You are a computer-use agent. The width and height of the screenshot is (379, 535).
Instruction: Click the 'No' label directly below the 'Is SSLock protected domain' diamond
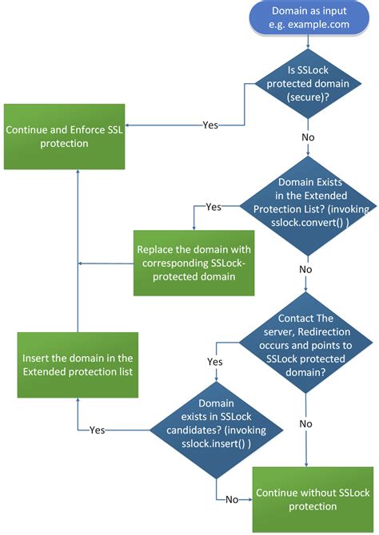tap(307, 137)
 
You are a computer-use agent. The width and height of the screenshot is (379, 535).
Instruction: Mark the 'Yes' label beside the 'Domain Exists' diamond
tap(213, 207)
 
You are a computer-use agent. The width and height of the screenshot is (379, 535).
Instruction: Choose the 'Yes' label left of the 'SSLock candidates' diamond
tap(97, 430)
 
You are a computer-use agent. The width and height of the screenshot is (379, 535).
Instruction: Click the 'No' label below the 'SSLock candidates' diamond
tap(233, 500)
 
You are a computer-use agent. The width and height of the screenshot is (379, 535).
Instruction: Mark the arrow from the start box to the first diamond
tap(308, 44)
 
